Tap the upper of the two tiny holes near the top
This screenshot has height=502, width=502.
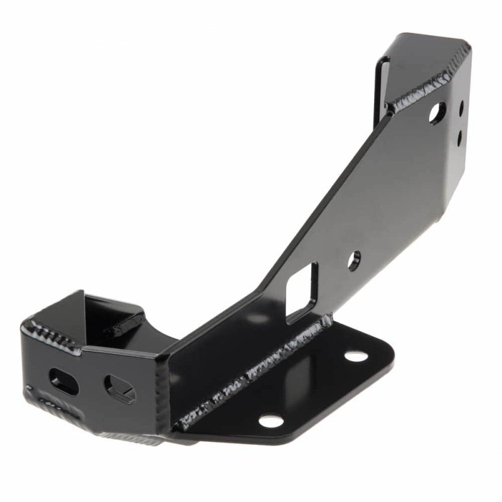461,109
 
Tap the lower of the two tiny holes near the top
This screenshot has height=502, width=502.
460,134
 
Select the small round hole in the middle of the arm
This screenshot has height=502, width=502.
355,260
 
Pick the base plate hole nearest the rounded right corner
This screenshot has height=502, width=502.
356,356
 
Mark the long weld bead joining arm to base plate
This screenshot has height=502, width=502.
251,376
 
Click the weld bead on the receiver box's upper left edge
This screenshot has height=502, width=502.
53,333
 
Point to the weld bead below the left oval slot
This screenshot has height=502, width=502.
56,411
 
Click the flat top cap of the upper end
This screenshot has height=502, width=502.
433,56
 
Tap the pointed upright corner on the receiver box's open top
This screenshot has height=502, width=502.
80,293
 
